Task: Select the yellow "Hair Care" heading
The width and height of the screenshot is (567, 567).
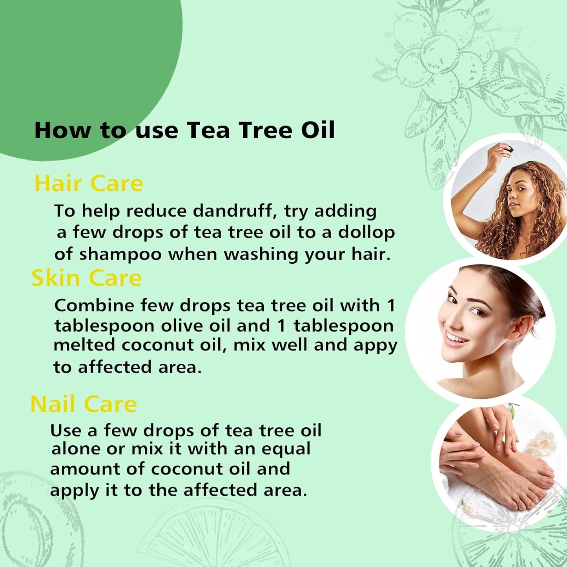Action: pyautogui.click(x=89, y=183)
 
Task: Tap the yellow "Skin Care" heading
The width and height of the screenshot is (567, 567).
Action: pyautogui.click(x=86, y=278)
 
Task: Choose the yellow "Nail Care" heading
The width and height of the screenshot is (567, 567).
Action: pyautogui.click(x=84, y=404)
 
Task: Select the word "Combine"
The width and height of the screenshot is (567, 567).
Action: pyautogui.click(x=94, y=305)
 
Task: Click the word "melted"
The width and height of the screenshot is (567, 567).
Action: pyautogui.click(x=84, y=345)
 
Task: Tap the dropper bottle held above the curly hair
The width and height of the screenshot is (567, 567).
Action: pyautogui.click(x=509, y=149)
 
